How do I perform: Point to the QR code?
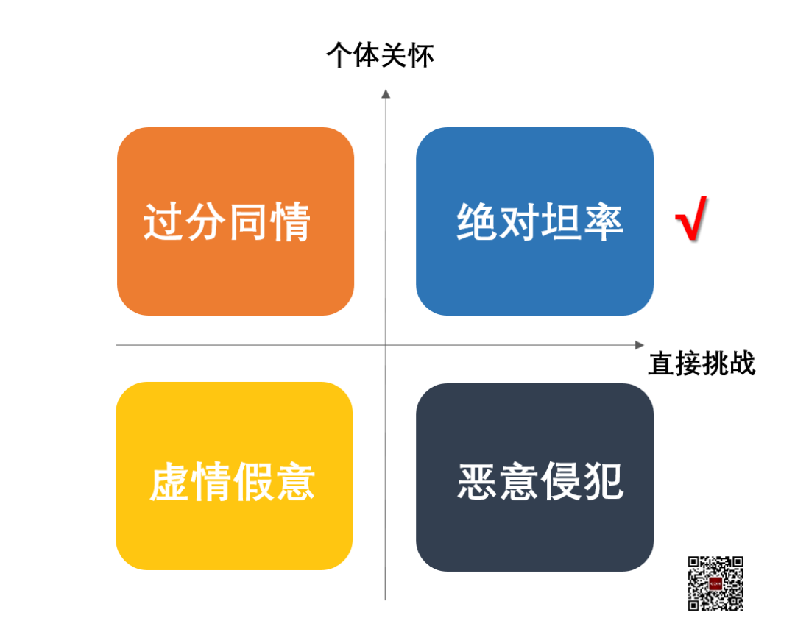click(715, 583)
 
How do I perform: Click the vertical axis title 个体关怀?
click(380, 56)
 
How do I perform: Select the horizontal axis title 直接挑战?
click(701, 363)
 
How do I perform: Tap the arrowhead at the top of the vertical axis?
click(385, 93)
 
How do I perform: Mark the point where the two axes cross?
click(385, 344)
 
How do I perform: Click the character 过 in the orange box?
click(163, 222)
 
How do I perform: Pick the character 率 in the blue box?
click(603, 221)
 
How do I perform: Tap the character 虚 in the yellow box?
click(170, 482)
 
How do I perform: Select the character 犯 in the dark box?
click(604, 482)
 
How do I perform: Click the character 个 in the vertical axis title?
click(339, 56)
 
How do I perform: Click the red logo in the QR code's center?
click(715, 583)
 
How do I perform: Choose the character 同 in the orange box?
click(248, 222)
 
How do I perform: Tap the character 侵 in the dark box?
click(561, 482)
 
